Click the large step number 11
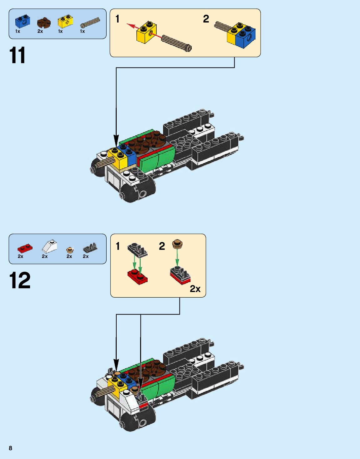[x=18, y=56]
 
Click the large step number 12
[x=20, y=280]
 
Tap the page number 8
[x=10, y=448]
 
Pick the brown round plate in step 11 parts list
[x=43, y=23]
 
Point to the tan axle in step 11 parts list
[x=90, y=23]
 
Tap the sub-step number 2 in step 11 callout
[x=206, y=19]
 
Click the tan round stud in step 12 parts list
[x=70, y=250]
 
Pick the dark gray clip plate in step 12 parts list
[x=90, y=248]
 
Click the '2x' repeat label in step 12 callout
[x=195, y=289]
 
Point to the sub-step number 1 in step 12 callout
[x=118, y=246]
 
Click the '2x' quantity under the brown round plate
[x=40, y=31]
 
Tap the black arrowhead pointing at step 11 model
[x=116, y=139]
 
